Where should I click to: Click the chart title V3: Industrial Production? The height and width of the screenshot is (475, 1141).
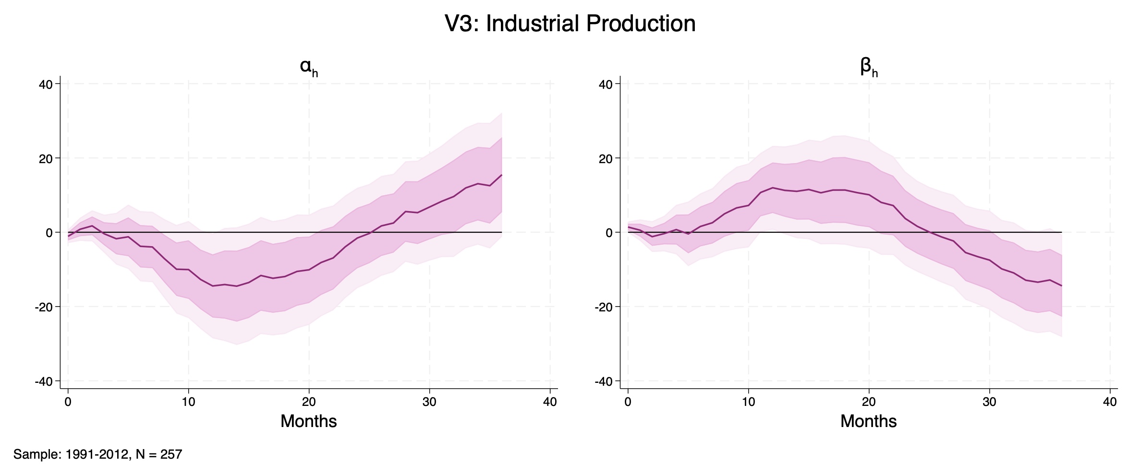[570, 24]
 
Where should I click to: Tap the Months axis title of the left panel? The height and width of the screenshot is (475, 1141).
[308, 421]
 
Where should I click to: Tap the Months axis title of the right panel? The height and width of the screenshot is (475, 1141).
[868, 421]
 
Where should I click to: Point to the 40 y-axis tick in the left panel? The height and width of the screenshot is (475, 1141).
[46, 84]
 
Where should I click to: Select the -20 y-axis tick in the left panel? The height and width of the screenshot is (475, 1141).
[43, 307]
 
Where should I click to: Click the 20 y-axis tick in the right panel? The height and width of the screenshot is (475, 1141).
[606, 158]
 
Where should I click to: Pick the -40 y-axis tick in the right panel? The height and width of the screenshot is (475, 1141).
[603, 381]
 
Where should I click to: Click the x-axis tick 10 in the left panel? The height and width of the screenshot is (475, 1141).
[188, 402]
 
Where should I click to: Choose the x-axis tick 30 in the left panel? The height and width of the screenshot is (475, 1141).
[429, 402]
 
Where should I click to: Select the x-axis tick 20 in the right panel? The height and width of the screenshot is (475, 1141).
[869, 402]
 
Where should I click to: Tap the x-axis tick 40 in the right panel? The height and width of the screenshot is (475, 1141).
[1110, 402]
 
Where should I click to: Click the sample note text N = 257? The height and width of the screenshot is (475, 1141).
[159, 454]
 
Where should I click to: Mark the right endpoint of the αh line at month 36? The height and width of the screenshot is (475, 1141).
[502, 175]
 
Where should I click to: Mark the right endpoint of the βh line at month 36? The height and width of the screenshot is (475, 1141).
[1061, 286]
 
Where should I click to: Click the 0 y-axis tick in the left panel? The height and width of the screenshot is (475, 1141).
[49, 233]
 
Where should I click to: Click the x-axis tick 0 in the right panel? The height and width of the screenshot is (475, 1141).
[628, 402]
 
